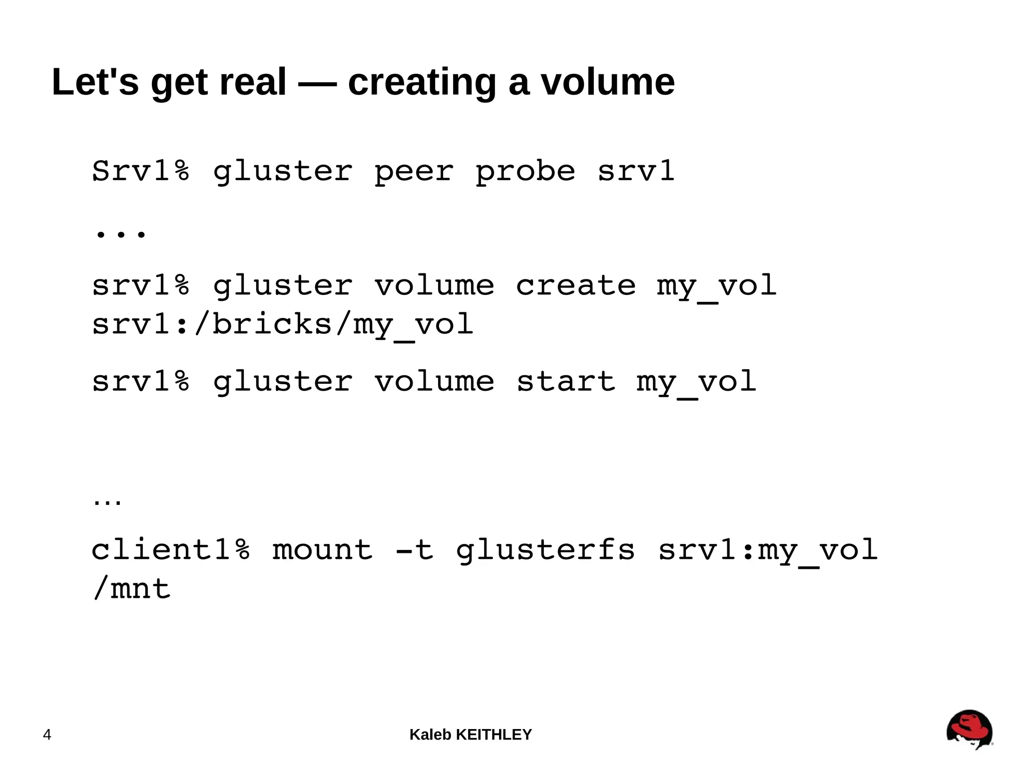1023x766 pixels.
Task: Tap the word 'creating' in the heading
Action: tap(422, 83)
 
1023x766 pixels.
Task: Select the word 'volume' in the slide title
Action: tap(608, 82)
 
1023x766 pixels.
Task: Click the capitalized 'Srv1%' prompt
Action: tap(141, 171)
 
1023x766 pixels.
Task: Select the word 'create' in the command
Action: tap(575, 285)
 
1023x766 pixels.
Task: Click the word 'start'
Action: tap(565, 382)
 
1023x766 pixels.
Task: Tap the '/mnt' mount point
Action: tap(132, 588)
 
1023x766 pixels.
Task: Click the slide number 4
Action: tap(47, 735)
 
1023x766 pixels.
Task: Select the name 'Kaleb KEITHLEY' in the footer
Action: tap(471, 735)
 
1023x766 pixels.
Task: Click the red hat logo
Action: tap(969, 729)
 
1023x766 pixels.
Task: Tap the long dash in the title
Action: tap(317, 83)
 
